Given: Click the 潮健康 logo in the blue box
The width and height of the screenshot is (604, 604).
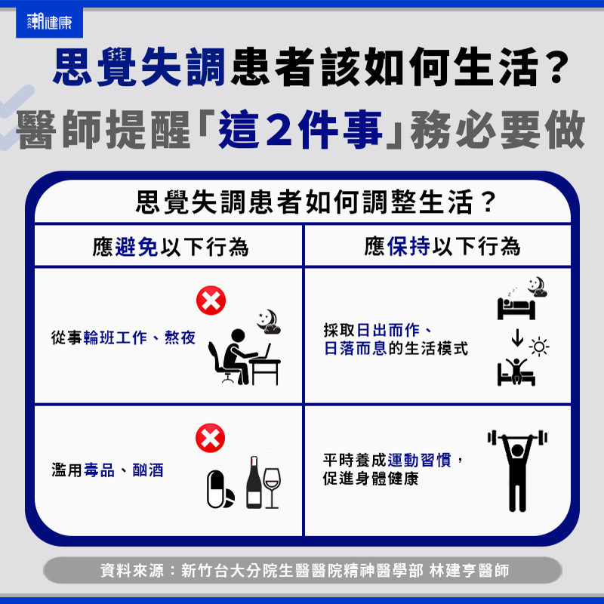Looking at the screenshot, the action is (49, 22).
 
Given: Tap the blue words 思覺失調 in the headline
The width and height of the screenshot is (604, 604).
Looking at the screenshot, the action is (139, 67).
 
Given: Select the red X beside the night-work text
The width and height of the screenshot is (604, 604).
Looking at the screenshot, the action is (211, 300).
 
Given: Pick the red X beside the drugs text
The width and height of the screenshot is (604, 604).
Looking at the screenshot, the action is (211, 438).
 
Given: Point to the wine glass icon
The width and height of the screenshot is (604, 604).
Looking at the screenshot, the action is (272, 488).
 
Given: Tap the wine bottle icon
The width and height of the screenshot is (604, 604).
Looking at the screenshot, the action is (254, 482).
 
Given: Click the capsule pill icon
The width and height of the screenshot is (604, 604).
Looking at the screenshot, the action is (215, 488).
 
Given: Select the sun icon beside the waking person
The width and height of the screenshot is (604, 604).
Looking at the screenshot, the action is (539, 347).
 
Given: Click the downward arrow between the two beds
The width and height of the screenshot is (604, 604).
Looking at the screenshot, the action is (517, 337).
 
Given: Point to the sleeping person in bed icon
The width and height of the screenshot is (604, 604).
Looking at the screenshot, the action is (516, 307).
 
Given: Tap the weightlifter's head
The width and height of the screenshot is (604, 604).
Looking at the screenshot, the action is (517, 450).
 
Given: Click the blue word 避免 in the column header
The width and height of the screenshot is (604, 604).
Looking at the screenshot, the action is (137, 247).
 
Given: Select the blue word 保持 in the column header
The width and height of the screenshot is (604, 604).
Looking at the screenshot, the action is (408, 246).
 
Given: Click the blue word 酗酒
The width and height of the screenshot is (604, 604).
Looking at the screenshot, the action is (148, 470).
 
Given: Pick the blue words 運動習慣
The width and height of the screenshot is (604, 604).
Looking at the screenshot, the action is (419, 460).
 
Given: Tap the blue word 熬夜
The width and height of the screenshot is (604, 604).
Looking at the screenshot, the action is (180, 337).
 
